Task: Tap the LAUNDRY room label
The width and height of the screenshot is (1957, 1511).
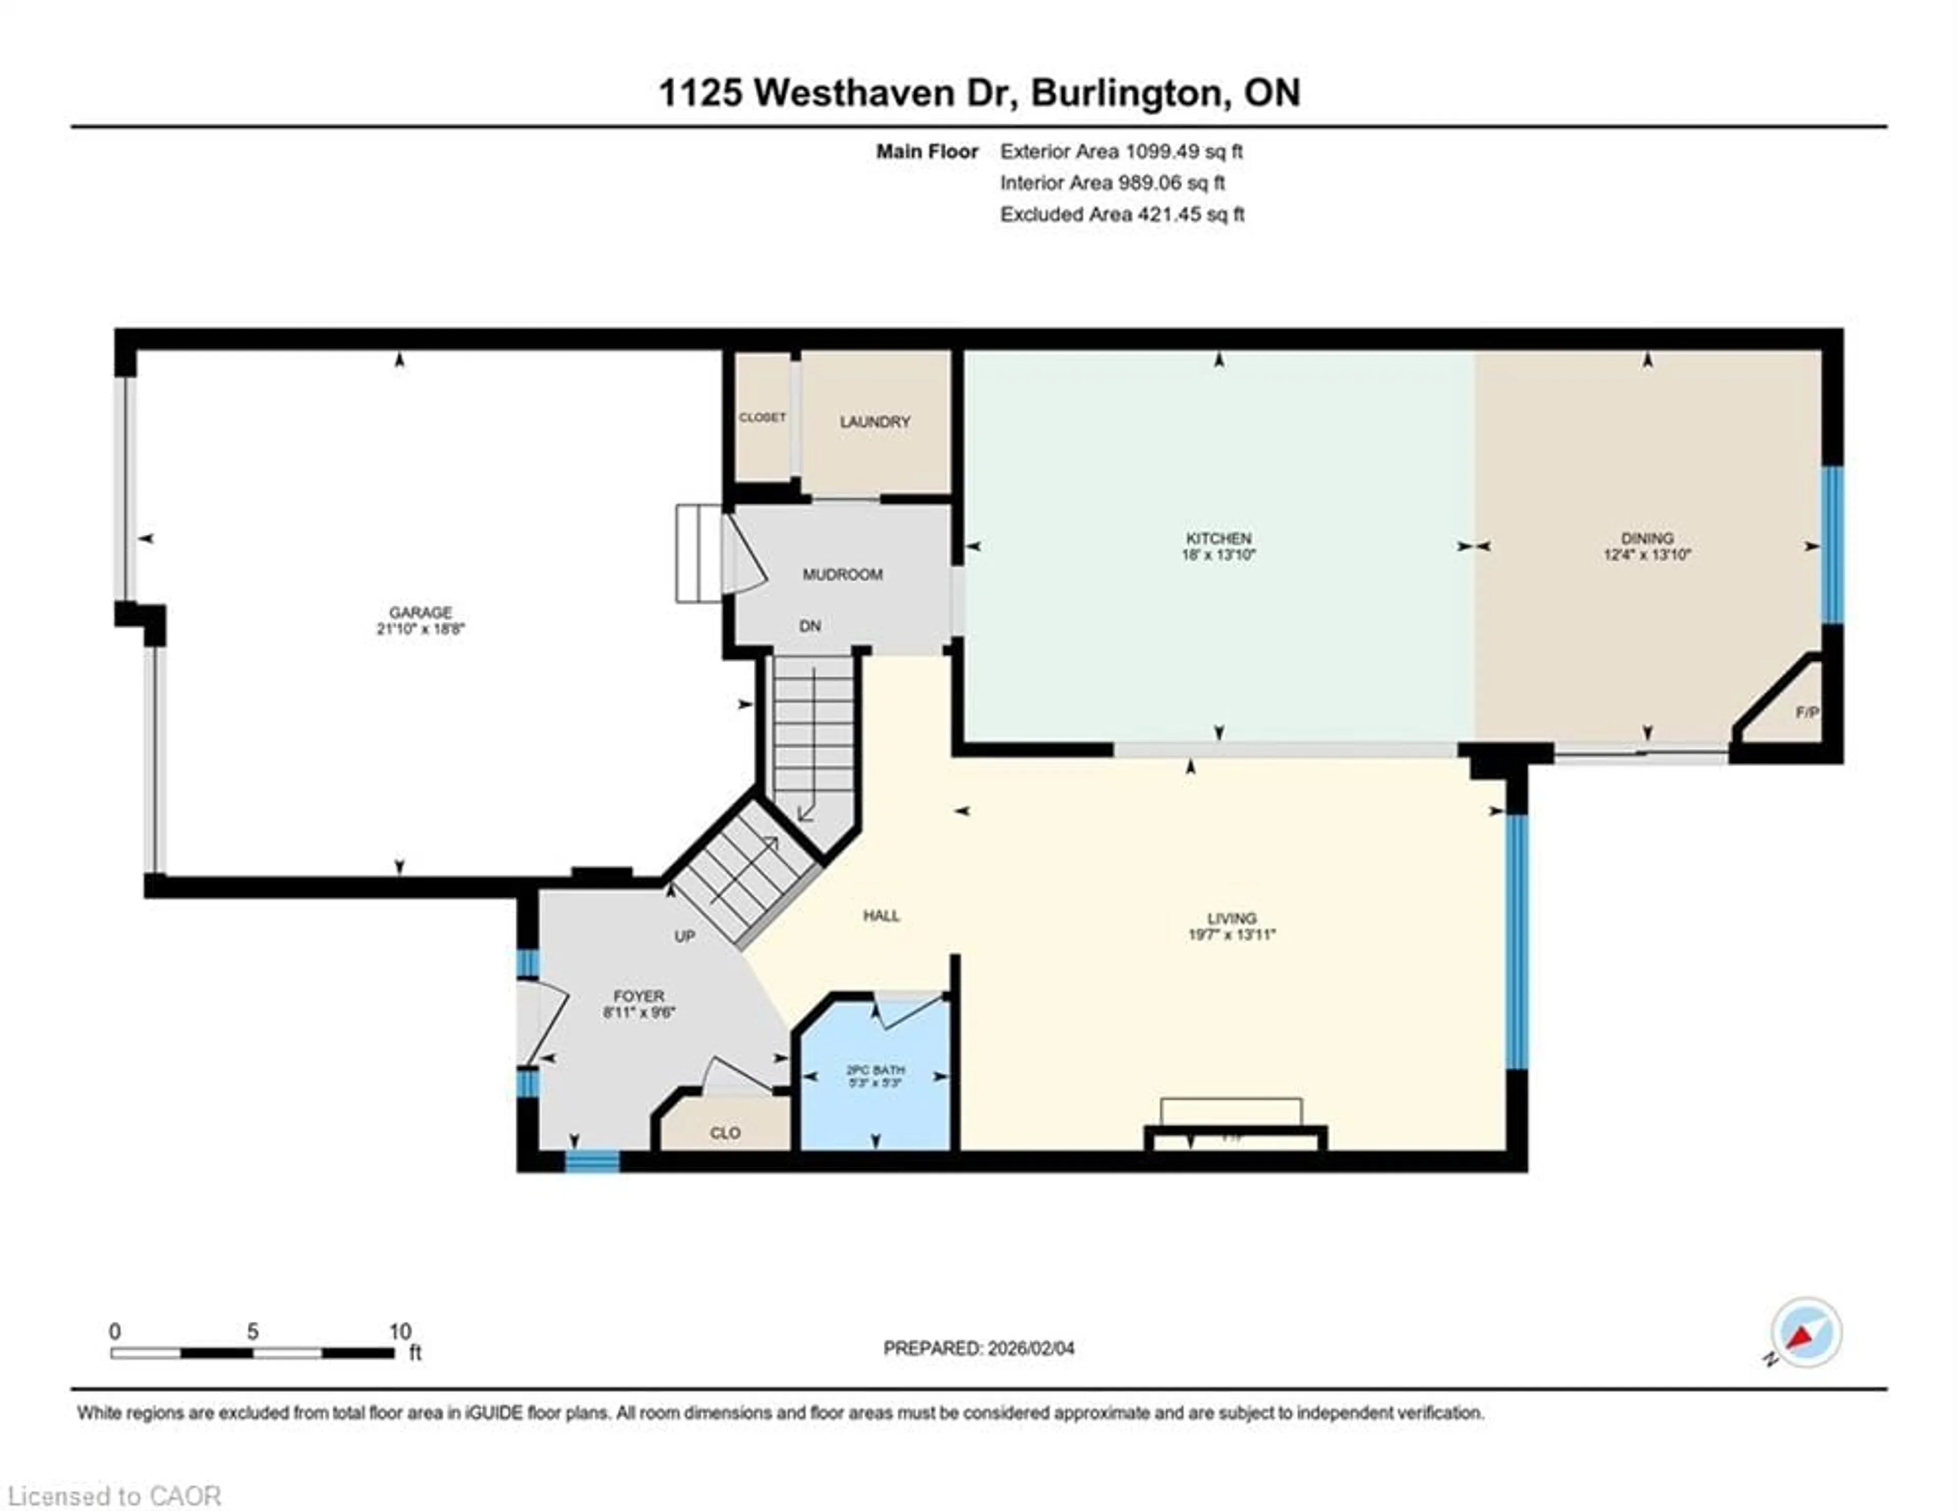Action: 875,422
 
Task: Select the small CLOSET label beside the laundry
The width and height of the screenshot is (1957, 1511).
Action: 762,418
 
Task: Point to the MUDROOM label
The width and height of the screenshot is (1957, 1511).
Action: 842,574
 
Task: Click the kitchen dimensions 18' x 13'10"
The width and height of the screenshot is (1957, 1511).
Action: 1219,555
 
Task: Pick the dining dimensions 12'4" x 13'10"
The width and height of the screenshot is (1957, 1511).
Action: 1647,555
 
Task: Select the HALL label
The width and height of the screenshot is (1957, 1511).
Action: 881,915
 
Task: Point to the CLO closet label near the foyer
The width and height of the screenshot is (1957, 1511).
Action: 725,1133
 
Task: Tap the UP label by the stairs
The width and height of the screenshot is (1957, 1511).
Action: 684,936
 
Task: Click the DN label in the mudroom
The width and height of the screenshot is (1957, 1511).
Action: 810,626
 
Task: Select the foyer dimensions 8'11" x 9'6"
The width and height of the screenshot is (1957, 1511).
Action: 639,1013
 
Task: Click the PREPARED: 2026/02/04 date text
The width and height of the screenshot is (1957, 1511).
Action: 978,1348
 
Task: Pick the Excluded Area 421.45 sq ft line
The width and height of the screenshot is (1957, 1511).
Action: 1122,214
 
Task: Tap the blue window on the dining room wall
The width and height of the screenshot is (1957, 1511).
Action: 1833,544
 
